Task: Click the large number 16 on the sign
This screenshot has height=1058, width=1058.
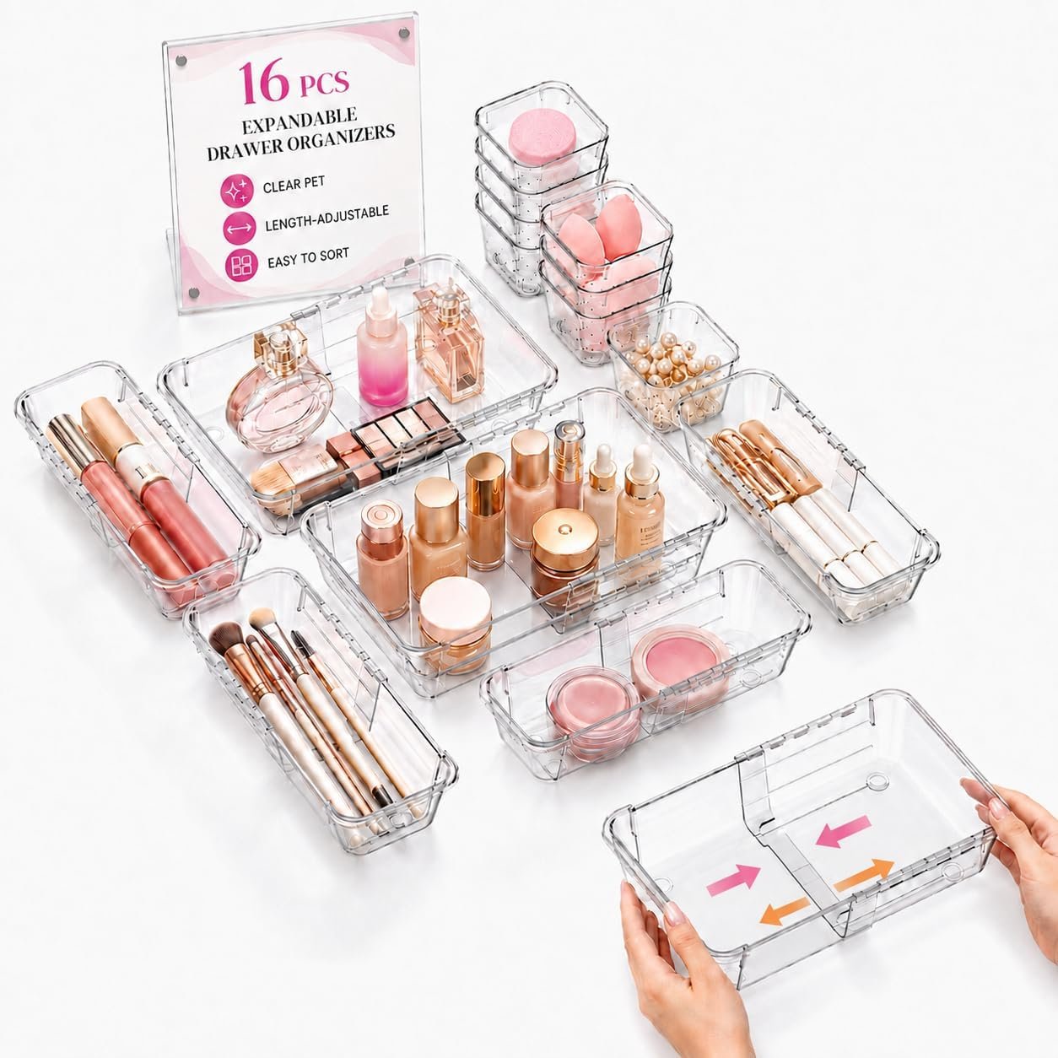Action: pos(263,83)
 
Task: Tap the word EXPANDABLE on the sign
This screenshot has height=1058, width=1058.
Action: pos(300,121)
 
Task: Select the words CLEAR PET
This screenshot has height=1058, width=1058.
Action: pos(294,184)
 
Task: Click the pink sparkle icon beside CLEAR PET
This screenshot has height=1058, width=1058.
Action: pos(237,191)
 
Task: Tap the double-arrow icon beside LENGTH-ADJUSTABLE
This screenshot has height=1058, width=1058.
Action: pos(240,228)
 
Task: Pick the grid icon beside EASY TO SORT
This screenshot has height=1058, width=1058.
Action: pos(241,265)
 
